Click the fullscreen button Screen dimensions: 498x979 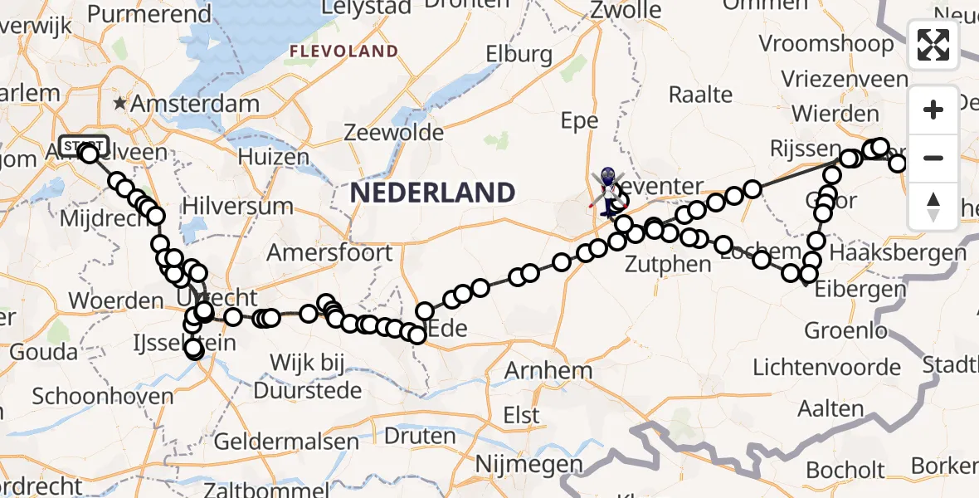(933, 45)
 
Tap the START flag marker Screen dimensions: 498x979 (83, 145)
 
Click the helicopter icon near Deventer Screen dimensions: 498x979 (609, 185)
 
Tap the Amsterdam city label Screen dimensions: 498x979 (188, 105)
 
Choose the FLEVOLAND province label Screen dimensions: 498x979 (343, 51)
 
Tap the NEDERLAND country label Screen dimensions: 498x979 (432, 193)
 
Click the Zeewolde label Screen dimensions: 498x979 (394, 133)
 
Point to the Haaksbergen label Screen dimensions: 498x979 (897, 252)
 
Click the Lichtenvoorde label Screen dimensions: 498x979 (826, 367)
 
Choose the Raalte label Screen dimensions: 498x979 (700, 94)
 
